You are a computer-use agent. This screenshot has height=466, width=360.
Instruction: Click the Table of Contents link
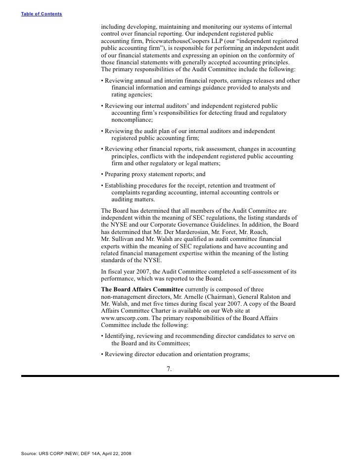point(42,13)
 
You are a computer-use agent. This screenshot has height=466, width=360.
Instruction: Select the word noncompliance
point(132,120)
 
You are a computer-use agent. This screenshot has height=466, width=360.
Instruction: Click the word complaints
point(128,192)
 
